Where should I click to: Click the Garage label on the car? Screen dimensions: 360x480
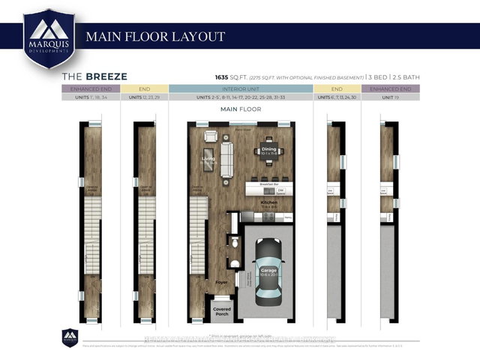pos(268,271)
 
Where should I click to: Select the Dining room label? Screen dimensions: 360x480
pos(270,151)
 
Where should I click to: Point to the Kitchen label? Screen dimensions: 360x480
pos(268,203)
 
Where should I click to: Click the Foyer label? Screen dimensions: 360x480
pos(222,283)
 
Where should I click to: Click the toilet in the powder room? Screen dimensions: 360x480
pos(234,263)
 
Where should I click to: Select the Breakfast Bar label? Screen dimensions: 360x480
pos(268,184)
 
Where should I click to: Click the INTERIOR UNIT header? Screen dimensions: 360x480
pos(241,88)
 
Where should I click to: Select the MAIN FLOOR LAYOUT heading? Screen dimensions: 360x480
pos(155,36)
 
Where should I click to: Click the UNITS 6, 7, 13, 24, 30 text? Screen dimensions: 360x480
pos(337,98)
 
